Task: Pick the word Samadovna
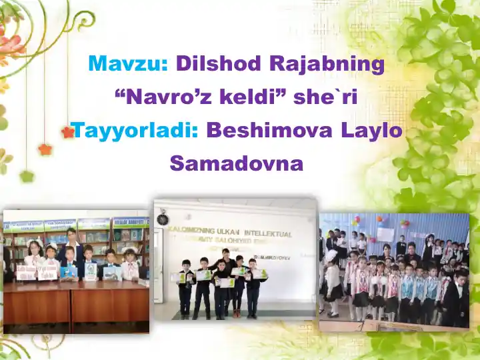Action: [237, 163]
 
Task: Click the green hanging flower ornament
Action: [27, 177]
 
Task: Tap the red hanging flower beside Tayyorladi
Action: [67, 133]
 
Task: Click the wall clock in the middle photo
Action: [163, 218]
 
